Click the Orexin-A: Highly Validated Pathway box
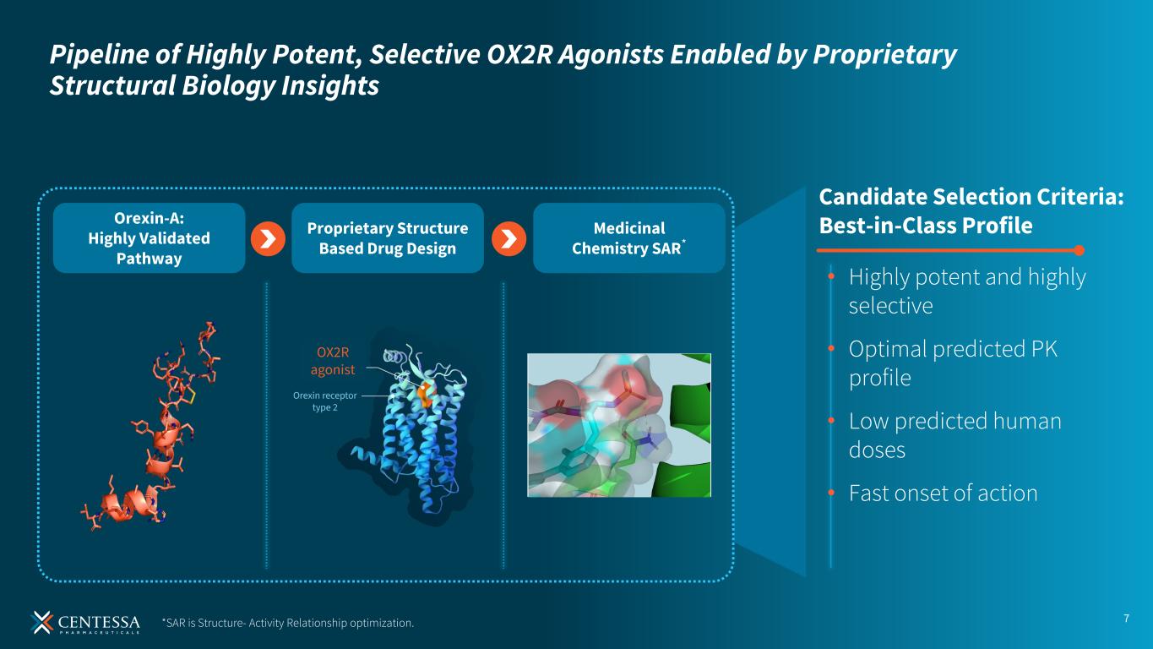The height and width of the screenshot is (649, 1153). (150, 238)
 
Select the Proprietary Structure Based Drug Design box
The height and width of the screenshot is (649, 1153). (388, 238)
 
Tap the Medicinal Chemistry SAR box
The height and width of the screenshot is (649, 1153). (629, 238)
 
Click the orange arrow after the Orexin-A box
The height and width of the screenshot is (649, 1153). (268, 239)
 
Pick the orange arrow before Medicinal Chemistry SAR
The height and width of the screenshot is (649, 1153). (509, 239)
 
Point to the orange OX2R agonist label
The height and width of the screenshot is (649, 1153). (333, 361)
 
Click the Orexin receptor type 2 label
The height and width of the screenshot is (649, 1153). (325, 401)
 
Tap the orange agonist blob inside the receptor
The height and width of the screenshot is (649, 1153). (425, 394)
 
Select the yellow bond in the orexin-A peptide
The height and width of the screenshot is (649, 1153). (190, 395)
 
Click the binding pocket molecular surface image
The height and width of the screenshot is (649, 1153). (619, 425)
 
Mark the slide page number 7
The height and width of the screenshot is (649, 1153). (1126, 618)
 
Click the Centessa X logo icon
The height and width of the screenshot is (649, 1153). (41, 622)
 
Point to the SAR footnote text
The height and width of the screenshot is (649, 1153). (288, 623)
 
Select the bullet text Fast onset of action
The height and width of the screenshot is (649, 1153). (943, 493)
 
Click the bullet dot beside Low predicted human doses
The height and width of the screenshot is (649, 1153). (831, 421)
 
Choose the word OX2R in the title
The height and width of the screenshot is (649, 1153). (519, 54)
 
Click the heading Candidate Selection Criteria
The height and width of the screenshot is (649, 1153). (971, 197)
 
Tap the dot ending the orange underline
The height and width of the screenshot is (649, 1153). (1080, 250)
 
